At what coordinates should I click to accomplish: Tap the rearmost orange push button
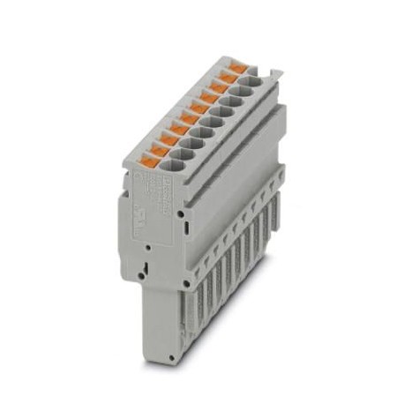click(236, 68)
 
